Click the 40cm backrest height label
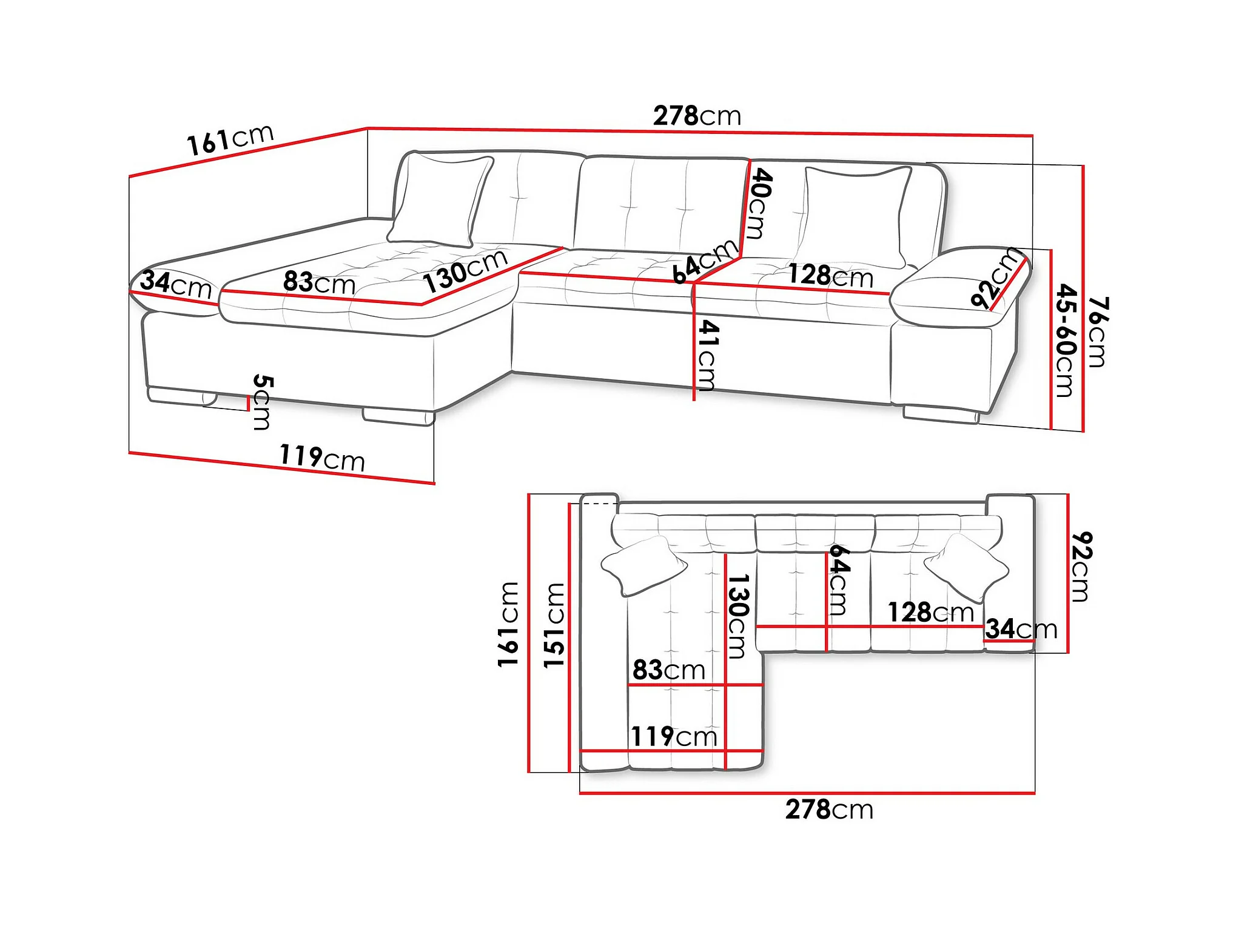coord(761,204)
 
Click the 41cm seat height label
coord(708,355)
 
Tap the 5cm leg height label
coord(262,402)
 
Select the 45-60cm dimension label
coord(1066,340)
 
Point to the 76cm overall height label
coord(1097,332)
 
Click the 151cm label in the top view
coord(554,625)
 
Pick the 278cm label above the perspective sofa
coord(697,116)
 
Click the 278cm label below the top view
coord(829,810)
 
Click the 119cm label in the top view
coord(674,737)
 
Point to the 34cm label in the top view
coord(1021,629)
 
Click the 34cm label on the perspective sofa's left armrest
coord(176,284)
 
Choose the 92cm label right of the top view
coord(1080,567)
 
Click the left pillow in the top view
coord(644,566)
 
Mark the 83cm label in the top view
coord(669,670)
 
